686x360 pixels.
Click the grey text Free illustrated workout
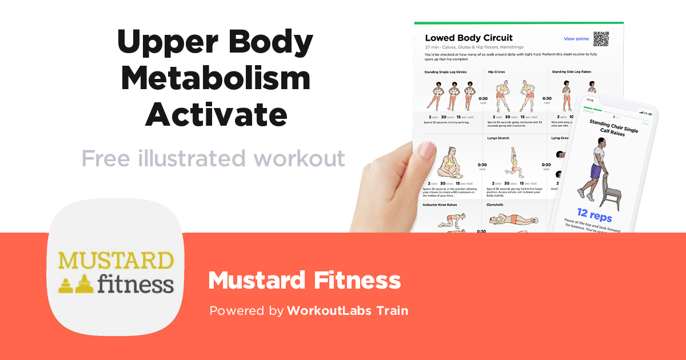213,158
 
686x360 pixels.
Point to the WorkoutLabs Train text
348,311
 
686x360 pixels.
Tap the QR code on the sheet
601,39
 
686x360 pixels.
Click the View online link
576,39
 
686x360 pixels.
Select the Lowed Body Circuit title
469,38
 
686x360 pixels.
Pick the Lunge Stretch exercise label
499,138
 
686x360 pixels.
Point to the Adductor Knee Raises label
440,204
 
